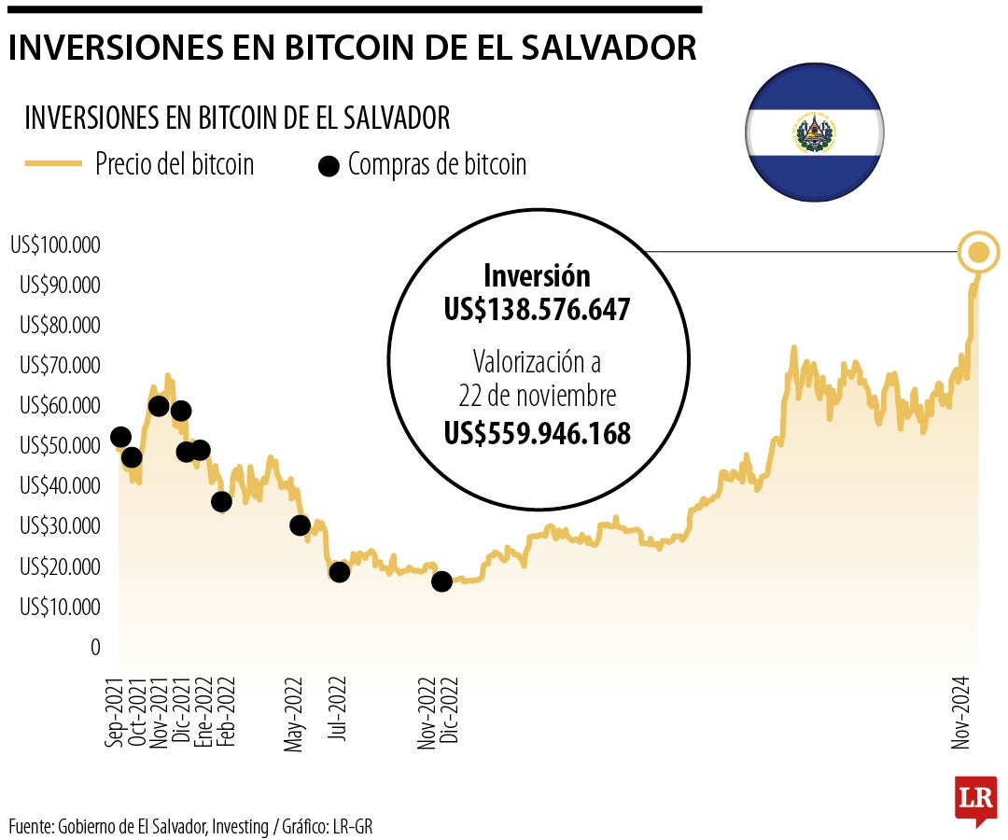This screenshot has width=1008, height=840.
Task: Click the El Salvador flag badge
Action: pos(814,133)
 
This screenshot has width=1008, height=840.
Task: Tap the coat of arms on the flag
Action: pos(814,133)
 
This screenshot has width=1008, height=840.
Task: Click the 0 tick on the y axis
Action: pos(95,647)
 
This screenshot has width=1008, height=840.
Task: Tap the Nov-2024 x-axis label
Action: pos(960,711)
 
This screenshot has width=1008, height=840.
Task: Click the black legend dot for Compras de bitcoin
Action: pos(328,167)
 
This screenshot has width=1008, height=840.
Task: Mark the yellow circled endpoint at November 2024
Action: pos(978,252)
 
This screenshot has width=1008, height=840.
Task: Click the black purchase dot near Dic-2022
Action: pos(441,581)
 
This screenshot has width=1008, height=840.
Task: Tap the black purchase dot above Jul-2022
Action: pos(339,571)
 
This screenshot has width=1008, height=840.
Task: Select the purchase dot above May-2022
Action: pos(300,525)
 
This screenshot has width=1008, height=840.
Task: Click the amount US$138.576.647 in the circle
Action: pos(538,310)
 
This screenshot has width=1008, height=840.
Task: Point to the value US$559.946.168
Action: pos(538,433)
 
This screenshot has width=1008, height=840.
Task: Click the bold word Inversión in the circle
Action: pos(537,276)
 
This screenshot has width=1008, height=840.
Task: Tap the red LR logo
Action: pos(975,800)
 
